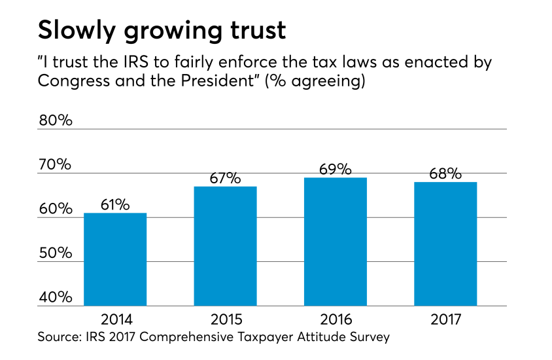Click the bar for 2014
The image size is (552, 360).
click(x=115, y=259)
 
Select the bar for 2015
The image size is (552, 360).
click(x=225, y=246)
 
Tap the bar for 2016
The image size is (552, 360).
click(x=336, y=242)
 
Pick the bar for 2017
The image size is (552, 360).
click(x=445, y=243)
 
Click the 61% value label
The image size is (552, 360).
click(x=115, y=204)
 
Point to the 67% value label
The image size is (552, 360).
click(x=226, y=177)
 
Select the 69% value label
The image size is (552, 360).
click(x=336, y=169)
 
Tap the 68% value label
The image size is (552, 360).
click(x=445, y=173)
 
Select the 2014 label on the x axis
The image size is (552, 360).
click(x=116, y=320)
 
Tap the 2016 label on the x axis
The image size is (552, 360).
click(x=336, y=320)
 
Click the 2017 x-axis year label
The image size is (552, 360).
click(x=445, y=320)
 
